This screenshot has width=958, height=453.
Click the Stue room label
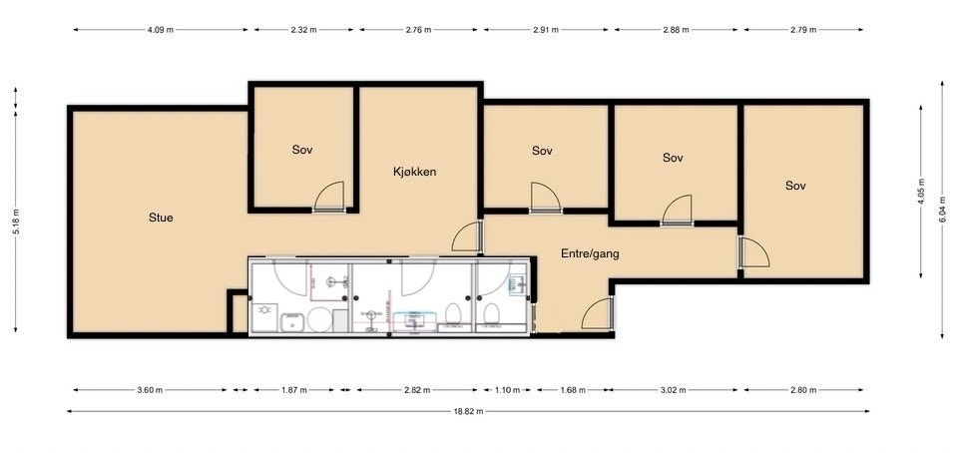pyautogui.click(x=161, y=217)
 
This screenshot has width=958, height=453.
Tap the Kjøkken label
pyautogui.click(x=414, y=172)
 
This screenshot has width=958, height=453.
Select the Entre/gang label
pyautogui.click(x=590, y=254)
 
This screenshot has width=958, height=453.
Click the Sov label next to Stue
pyautogui.click(x=302, y=150)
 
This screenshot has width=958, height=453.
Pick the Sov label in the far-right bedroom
pyautogui.click(x=794, y=186)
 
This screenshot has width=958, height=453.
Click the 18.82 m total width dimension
pyautogui.click(x=467, y=411)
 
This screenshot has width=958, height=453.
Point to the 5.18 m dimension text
pyautogui.click(x=16, y=226)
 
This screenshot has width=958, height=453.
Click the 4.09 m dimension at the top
pyautogui.click(x=161, y=29)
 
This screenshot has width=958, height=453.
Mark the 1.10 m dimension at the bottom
pyautogui.click(x=508, y=390)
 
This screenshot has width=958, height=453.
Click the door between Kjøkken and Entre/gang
pyautogui.click(x=466, y=237)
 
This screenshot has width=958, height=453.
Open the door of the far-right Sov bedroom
pyautogui.click(x=753, y=253)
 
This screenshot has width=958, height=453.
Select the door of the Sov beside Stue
pyautogui.click(x=329, y=197)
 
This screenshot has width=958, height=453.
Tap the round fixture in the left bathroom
pyautogui.click(x=319, y=320)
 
